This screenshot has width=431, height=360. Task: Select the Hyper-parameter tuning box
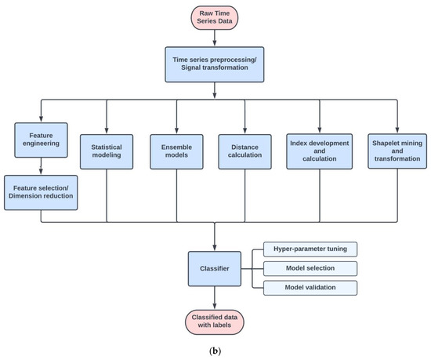coord(309,249)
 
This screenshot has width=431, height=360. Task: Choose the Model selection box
coord(309,268)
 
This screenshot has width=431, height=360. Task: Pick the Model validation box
coord(309,288)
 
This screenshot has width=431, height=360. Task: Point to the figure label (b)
coord(215,351)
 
